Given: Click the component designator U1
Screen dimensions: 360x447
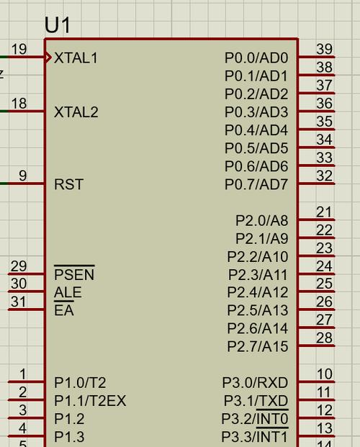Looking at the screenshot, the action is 58,25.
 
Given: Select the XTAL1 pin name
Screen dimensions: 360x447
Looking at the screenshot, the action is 76,58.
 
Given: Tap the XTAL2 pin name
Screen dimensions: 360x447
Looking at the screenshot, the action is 76,112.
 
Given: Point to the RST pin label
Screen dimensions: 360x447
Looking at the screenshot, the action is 68,184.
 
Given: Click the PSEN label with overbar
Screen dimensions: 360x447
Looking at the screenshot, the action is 74,273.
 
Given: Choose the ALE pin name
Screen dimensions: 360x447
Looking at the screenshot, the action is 68,292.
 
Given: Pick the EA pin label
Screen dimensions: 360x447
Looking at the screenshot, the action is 64,309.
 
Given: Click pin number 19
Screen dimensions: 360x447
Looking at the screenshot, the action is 19,49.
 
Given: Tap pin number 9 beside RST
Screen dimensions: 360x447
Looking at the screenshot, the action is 23,176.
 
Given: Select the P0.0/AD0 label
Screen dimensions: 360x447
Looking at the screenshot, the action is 256,58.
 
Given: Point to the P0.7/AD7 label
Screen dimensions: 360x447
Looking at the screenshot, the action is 256,184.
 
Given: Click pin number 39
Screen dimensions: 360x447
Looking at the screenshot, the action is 324,49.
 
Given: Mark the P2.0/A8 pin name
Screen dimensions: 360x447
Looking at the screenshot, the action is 262,220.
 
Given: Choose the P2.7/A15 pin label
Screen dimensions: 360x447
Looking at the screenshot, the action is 258,346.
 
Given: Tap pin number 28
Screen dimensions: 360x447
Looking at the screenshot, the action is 324,338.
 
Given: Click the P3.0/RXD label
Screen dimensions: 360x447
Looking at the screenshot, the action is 256,382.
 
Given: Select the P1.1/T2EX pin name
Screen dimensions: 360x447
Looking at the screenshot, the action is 90,400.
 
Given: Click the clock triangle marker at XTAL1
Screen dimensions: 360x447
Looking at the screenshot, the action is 48,58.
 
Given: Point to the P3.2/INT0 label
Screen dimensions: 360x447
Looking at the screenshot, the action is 255,418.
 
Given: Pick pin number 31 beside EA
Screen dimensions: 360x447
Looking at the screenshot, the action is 19,302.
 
